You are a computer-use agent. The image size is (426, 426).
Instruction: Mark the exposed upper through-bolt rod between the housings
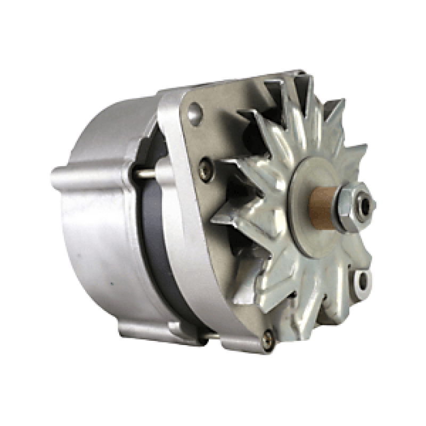[148, 173]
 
